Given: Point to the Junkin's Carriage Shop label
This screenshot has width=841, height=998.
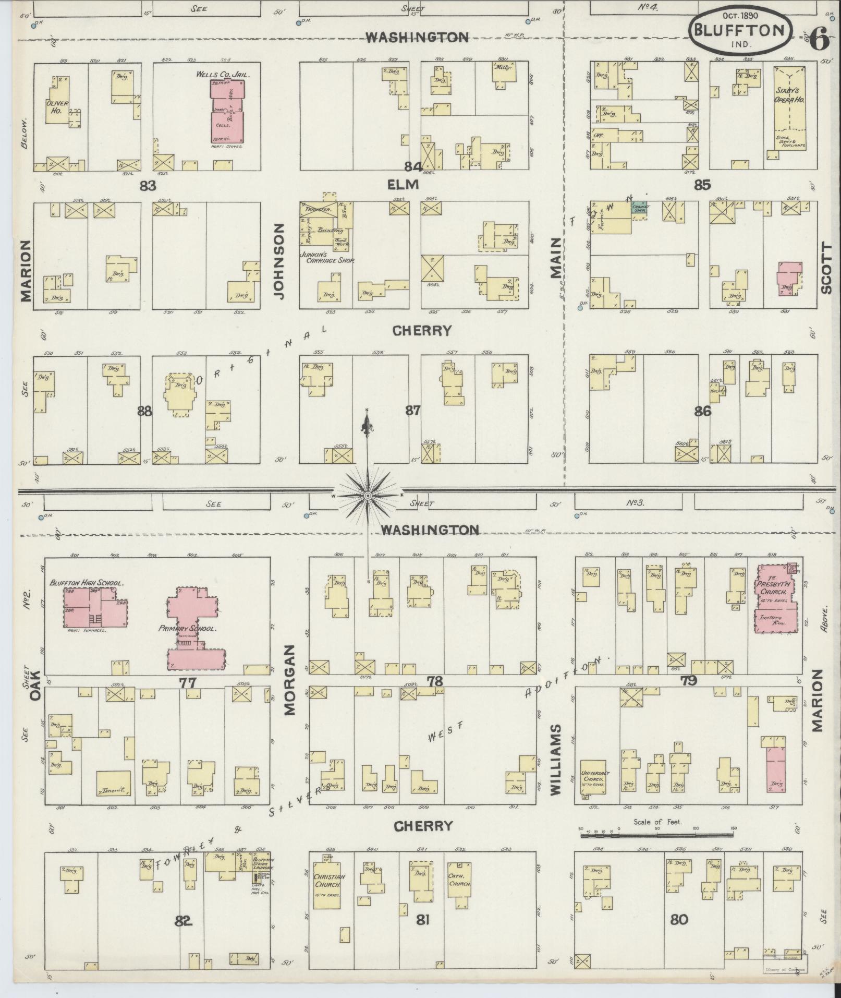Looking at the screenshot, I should (x=326, y=256).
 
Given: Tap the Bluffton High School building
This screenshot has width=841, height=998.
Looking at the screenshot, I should (x=95, y=607).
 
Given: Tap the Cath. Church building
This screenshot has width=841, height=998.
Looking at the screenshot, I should (x=460, y=880).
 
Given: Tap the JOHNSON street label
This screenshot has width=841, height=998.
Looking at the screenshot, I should (x=279, y=261).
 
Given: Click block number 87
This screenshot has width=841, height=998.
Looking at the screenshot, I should (x=412, y=411).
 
